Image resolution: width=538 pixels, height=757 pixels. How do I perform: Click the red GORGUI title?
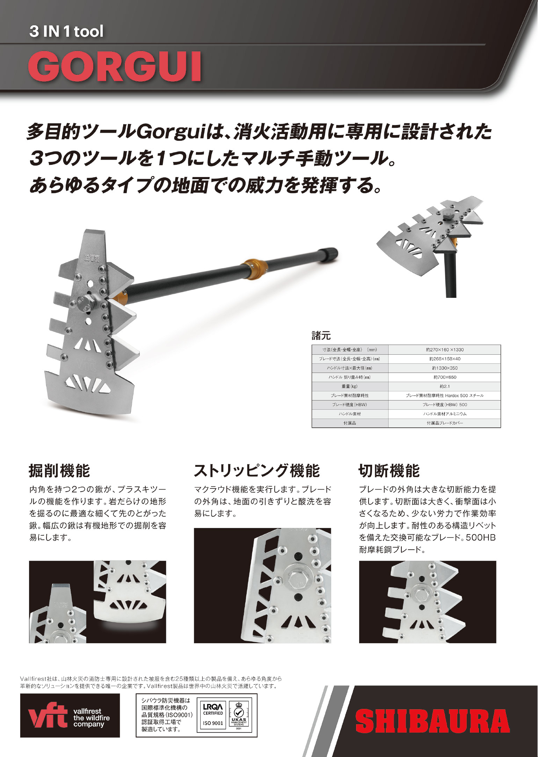(x=114, y=66)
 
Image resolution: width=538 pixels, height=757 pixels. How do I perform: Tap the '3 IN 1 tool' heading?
(x=66, y=32)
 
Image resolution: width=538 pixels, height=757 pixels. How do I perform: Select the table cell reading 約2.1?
(x=444, y=386)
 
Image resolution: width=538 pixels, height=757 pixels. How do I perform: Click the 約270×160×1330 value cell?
(x=444, y=350)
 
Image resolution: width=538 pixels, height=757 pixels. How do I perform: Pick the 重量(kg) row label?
(x=350, y=386)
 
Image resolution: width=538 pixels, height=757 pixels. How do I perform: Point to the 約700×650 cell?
(x=444, y=377)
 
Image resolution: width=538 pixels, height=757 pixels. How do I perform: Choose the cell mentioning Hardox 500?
(x=444, y=396)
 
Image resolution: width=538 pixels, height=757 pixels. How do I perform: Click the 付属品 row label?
(x=350, y=423)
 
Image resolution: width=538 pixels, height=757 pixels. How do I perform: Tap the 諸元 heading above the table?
(x=321, y=336)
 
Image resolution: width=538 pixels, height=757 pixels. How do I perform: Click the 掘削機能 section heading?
(x=59, y=470)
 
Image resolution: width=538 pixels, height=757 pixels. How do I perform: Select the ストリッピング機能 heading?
(x=257, y=470)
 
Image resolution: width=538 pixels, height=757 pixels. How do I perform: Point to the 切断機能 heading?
(x=389, y=470)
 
